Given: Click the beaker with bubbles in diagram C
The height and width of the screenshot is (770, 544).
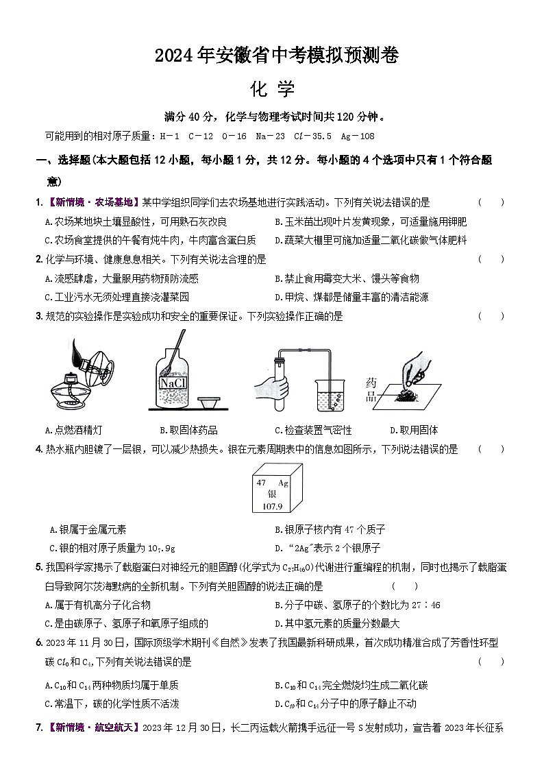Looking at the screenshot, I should click(x=330, y=396).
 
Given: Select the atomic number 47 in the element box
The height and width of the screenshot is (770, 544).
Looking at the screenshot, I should click(x=261, y=483).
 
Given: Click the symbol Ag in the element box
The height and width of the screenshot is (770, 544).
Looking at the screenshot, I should click(x=282, y=483).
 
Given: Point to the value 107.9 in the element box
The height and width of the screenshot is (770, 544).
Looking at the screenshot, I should click(x=272, y=506).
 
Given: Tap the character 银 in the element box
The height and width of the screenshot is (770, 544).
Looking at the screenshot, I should click(x=271, y=494).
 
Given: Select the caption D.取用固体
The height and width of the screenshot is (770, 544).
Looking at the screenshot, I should click(x=414, y=430).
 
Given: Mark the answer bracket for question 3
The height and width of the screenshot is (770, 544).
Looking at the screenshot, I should click(x=491, y=316).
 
